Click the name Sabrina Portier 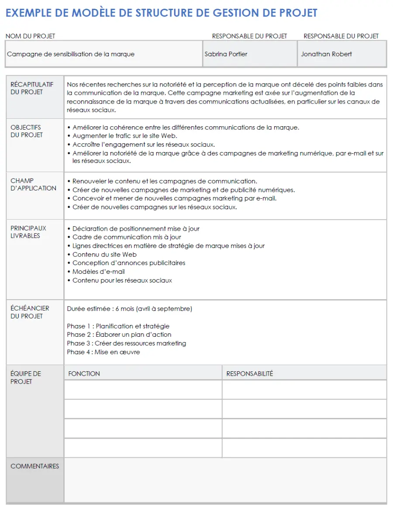tap(226, 54)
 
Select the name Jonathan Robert tap(326, 54)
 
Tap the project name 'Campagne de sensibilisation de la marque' tap(71, 54)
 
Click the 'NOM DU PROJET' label tap(31, 36)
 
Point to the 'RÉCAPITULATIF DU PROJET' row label tap(32, 88)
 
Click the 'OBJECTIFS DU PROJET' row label tap(27, 131)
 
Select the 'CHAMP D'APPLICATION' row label tap(33, 184)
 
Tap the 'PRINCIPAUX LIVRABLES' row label tap(28, 232)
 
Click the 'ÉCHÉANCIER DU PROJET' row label tap(30, 312)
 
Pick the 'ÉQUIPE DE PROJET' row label tap(26, 377)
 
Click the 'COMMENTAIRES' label tap(34, 466)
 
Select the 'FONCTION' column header tap(84, 373)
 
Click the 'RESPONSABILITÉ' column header tap(249, 373)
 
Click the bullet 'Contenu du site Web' tap(104, 254)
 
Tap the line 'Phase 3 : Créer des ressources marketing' tap(126, 343)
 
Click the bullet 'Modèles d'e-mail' tap(98, 272)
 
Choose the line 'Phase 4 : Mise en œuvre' tap(103, 352)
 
